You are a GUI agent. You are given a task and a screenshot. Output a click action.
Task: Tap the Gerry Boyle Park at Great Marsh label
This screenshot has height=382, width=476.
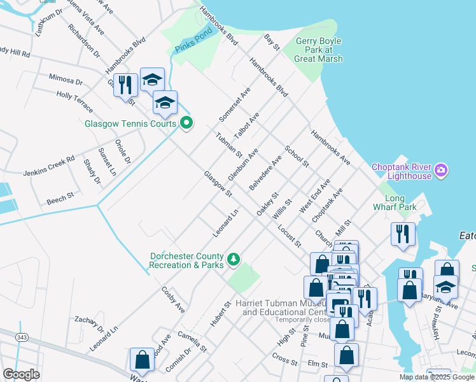point(319,50)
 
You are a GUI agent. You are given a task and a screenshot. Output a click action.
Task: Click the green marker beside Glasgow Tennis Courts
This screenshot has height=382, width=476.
point(186,124)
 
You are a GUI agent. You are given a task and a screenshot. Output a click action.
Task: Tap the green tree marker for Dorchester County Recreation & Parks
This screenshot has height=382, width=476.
point(234,258)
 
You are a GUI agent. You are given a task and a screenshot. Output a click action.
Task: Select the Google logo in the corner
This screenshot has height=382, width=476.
point(21,374)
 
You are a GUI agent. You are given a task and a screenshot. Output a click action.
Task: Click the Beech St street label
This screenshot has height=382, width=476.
point(60,201)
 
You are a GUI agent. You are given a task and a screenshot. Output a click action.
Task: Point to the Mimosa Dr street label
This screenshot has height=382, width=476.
point(66,81)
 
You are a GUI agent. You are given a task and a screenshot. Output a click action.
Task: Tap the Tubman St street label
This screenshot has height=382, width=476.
point(228,145)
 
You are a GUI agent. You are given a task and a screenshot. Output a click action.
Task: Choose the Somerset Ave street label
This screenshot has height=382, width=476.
point(235,105)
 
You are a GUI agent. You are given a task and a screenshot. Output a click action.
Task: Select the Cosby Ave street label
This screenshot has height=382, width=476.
point(172,300)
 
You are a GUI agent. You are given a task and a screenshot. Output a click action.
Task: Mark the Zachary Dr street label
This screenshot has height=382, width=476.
point(88,323)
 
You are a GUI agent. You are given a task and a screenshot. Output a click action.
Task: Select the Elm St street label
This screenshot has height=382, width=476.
point(316,364)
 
